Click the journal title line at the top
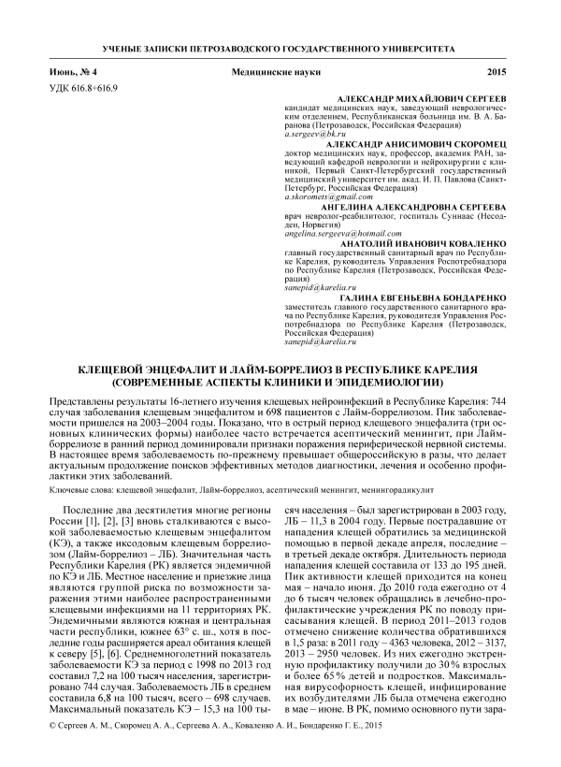(x=280, y=48)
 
